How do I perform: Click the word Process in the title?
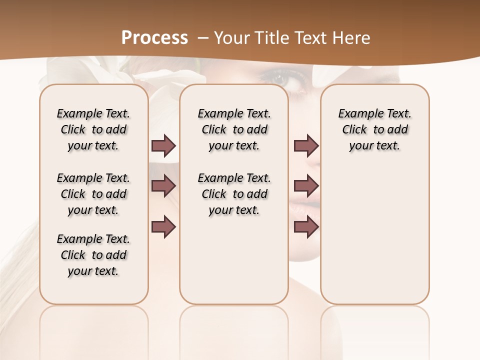pos(154,38)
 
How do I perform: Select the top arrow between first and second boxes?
pos(163,146)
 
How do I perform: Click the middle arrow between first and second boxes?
pos(163,186)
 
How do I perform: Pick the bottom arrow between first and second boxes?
pos(163,226)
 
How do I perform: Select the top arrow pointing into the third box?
pos(306,146)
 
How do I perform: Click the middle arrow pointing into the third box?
pos(306,186)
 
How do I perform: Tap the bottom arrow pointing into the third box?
pos(306,226)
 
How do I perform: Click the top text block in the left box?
pos(93,129)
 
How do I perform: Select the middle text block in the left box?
pos(93,194)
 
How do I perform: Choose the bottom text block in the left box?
pos(93,255)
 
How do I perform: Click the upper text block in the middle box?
pos(234,129)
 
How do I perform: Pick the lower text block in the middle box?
pos(234,194)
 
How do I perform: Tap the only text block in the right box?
pos(374,129)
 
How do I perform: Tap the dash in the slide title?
pos(203,38)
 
